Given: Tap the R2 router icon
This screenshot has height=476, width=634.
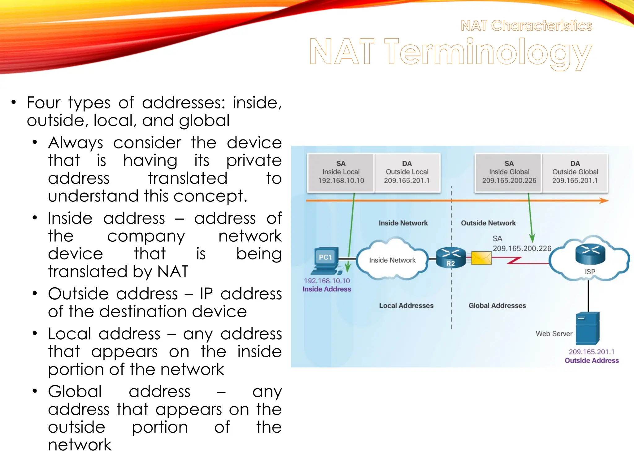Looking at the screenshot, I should pyautogui.click(x=450, y=258).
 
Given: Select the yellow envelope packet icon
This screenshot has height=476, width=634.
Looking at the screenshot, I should pyautogui.click(x=481, y=258).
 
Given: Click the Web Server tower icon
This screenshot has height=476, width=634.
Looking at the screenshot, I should pyautogui.click(x=588, y=328).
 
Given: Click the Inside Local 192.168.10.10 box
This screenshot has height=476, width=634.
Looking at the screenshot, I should pyautogui.click(x=341, y=173).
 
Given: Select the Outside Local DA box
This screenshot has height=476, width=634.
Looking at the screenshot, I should pyautogui.click(x=407, y=173).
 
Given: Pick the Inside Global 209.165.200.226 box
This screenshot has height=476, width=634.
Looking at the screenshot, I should pyautogui.click(x=509, y=173).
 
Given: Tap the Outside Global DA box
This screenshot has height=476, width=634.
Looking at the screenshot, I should pyautogui.click(x=575, y=173).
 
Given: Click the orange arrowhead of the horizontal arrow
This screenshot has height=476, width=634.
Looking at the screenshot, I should pyautogui.click(x=604, y=201).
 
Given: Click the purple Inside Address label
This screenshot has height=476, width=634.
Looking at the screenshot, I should pyautogui.click(x=327, y=289).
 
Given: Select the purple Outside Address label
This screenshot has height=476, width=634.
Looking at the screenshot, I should pyautogui.click(x=592, y=360).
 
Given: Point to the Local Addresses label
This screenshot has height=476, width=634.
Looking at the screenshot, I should pyautogui.click(x=406, y=306).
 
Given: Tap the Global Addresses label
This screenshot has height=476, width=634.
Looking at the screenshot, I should pyautogui.click(x=497, y=306).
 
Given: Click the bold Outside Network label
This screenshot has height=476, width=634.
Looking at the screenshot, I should pyautogui.click(x=488, y=223).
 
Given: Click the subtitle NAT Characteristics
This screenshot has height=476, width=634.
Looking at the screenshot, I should pyautogui.click(x=526, y=25).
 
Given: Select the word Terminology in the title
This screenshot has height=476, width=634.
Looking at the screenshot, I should pyautogui.click(x=488, y=52).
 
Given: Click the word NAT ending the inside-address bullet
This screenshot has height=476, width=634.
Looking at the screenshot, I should pyautogui.click(x=173, y=271).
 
